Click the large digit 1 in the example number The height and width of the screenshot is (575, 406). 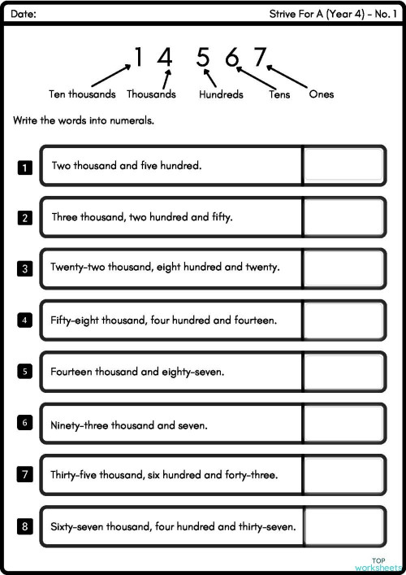(138, 57)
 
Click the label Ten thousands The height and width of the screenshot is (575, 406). (82, 94)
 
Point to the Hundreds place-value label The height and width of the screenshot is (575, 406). (221, 94)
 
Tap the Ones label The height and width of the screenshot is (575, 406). (322, 94)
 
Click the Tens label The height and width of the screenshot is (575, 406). (279, 94)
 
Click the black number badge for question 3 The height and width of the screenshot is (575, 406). (25, 268)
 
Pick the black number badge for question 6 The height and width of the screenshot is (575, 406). (25, 423)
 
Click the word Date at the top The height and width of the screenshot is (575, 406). (24, 14)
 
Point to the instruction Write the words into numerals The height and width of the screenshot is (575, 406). (84, 120)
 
